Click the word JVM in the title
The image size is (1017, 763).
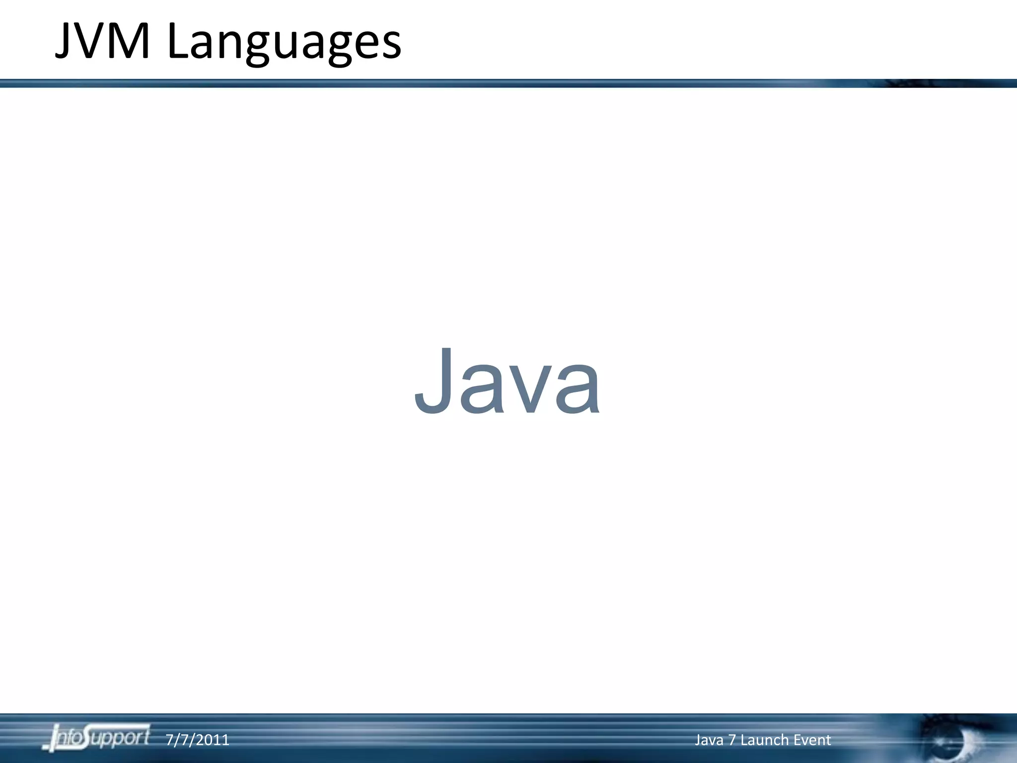coord(102,42)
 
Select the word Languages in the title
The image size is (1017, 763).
coord(284,44)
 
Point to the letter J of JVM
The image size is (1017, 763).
coord(63,42)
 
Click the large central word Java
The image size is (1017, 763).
coord(508,381)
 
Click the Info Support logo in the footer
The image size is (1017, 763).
coord(96,737)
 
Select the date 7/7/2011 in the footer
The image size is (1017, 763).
coord(197,740)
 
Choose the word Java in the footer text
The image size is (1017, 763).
coord(709,740)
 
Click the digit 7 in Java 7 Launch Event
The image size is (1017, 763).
coord(732,740)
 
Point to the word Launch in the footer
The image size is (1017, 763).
coord(764,740)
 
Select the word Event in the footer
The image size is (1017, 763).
coord(812,740)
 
